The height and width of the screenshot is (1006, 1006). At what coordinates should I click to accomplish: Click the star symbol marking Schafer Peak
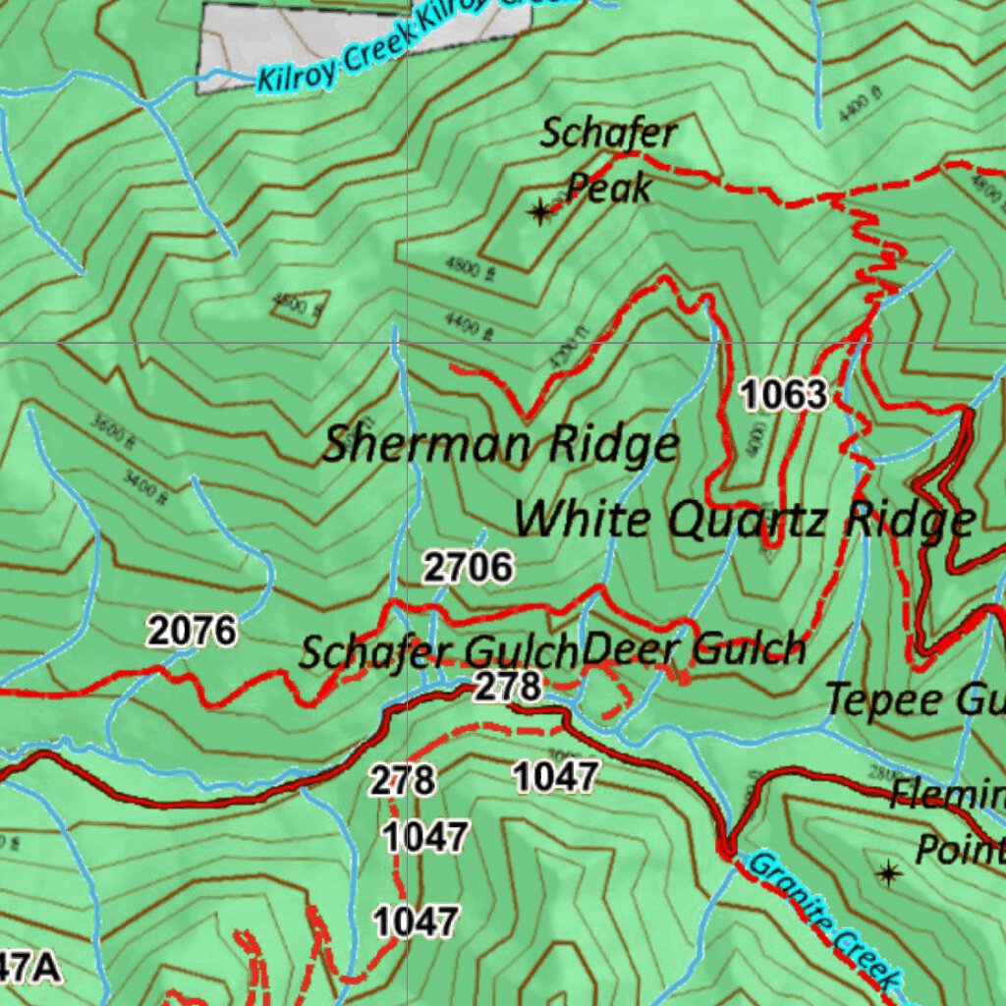[539, 211]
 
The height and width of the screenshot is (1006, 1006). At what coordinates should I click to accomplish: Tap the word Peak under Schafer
[609, 188]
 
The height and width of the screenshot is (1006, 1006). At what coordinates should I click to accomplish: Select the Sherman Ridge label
[501, 445]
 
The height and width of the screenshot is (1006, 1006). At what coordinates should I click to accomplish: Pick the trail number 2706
[468, 567]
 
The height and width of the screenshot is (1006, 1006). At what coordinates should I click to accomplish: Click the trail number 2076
[193, 630]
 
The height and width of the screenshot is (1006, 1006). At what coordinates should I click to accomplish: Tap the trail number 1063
[784, 395]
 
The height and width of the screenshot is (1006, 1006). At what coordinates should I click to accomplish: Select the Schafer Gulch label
[437, 651]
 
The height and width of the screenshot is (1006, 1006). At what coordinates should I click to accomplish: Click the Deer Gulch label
[694, 649]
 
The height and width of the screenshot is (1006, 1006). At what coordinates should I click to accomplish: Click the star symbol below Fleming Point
[889, 872]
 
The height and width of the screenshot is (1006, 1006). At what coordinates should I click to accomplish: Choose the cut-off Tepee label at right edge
[914, 700]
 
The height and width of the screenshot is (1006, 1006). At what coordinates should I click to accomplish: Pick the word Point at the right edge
[959, 848]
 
